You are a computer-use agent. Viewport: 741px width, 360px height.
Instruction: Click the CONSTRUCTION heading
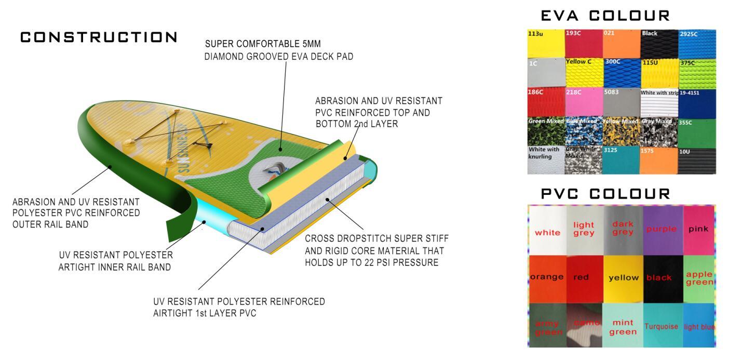99,37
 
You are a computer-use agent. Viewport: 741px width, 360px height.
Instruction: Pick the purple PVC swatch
662,229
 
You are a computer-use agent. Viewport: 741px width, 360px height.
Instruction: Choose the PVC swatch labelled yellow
623,278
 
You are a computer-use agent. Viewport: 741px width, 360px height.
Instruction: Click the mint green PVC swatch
623,327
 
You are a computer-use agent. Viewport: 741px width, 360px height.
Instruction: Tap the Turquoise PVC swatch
662,327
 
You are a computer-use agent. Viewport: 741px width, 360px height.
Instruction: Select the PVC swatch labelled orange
546,278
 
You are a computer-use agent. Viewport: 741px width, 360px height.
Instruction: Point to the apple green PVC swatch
699,278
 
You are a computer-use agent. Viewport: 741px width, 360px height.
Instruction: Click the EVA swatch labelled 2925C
697,44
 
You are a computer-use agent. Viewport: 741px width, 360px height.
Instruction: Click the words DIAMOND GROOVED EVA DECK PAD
279,57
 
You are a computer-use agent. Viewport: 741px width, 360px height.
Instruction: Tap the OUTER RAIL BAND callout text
50,224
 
